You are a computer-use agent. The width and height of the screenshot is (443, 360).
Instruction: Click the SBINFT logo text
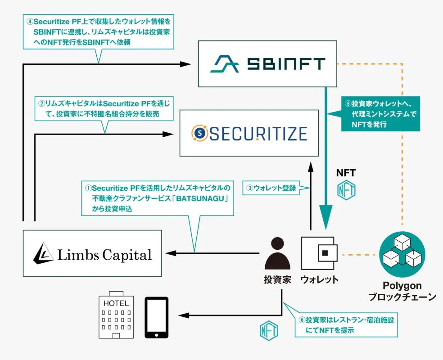(x=286, y=64)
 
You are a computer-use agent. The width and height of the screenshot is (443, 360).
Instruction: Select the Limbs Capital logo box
(x=92, y=253)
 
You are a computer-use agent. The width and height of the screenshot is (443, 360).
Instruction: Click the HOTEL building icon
(x=116, y=318)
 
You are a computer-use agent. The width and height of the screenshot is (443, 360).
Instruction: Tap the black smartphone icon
(x=156, y=317)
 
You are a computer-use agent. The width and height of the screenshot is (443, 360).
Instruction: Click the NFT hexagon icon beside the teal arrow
(x=347, y=189)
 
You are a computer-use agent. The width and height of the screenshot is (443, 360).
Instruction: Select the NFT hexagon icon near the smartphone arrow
(x=269, y=331)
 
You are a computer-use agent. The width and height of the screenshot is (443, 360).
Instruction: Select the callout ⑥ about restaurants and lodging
(x=347, y=325)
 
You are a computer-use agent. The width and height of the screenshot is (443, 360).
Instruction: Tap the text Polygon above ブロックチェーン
(x=402, y=286)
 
